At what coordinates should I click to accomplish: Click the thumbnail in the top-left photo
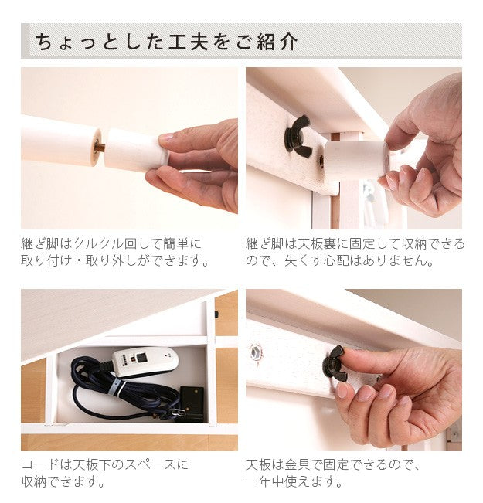pos(165,138)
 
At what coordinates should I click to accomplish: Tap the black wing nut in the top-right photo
pos(298,136)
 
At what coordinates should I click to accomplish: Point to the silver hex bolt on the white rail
pos(255,352)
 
